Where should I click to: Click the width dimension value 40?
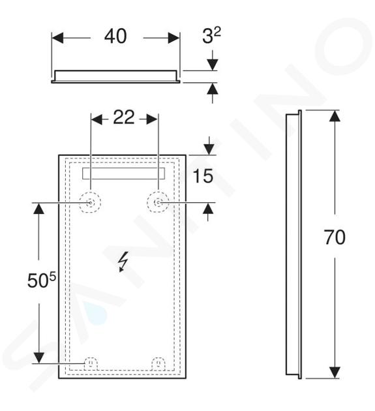[x=115, y=36]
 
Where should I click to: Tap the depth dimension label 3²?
[x=211, y=35]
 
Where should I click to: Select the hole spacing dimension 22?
[x=124, y=117]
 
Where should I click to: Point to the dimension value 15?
[x=203, y=176]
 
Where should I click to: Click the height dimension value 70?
[x=335, y=237]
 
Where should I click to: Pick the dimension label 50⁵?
[x=42, y=280]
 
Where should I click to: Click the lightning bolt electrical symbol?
[x=123, y=262]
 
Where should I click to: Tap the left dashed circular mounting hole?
[x=90, y=202]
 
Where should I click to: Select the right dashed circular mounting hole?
[x=158, y=202]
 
